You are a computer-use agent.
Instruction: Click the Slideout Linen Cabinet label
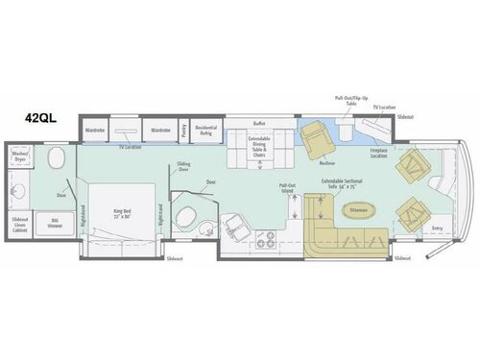(20, 223)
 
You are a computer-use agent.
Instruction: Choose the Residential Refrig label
(205, 129)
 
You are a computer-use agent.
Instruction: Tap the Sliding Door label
(183, 166)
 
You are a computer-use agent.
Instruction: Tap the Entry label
(438, 228)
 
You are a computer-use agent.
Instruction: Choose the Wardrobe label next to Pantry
(159, 128)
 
